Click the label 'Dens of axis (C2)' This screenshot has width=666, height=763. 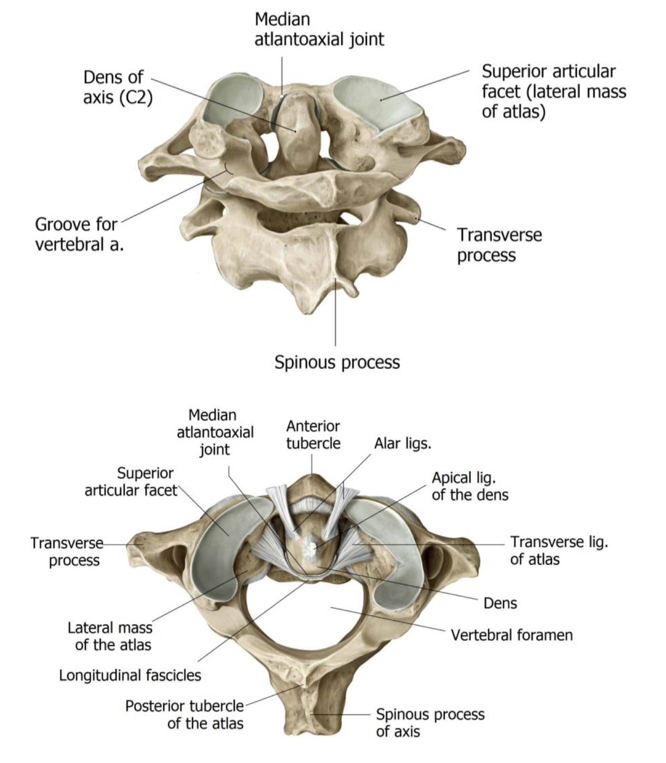[117, 87]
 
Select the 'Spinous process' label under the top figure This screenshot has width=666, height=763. [337, 362]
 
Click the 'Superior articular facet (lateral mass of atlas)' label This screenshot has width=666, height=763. [553, 91]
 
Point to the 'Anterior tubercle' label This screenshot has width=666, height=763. [313, 434]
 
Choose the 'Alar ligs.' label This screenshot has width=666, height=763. [402, 443]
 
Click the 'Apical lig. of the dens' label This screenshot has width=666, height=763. [470, 486]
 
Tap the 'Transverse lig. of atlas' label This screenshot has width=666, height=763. [559, 550]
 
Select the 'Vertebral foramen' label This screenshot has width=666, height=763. [511, 635]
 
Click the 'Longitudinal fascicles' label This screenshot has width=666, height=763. [130, 675]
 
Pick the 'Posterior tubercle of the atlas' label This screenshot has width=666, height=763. [184, 715]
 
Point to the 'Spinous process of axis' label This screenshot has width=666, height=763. [430, 723]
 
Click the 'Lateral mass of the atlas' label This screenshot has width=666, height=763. [110, 636]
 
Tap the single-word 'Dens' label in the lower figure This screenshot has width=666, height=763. [500, 603]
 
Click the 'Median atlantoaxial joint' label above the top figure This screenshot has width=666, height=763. [319, 29]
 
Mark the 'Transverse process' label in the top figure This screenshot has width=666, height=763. [499, 245]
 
